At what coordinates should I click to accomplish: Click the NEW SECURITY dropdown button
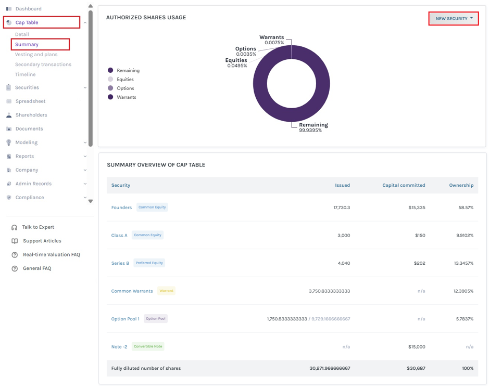pos(454,18)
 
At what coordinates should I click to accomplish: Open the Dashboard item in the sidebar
pos(28,9)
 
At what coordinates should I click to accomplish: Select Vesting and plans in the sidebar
pos(36,55)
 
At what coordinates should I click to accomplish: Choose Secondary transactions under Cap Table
pos(43,64)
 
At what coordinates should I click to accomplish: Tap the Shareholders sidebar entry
pos(31,115)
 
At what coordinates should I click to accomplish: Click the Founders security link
pos(121,208)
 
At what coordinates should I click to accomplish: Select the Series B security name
pos(120,263)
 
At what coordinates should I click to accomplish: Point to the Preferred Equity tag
pos(149,263)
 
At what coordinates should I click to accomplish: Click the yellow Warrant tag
pos(166,291)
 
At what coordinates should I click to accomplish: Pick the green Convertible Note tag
pos(148,346)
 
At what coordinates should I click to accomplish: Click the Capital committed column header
pos(404,185)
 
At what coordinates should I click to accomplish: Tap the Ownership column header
pos(461,185)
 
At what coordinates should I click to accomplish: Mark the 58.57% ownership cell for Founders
pos(466,208)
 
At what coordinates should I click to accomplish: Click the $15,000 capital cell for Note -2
pos(417,346)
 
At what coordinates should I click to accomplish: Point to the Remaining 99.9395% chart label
pos(314,127)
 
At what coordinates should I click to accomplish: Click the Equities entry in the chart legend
pos(125,80)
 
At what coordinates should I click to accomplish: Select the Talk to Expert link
pos(38,227)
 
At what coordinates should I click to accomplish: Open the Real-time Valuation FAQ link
pos(52,254)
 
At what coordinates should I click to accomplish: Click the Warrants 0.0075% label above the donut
pos(272,40)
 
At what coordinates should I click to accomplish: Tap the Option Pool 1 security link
pos(126,319)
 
